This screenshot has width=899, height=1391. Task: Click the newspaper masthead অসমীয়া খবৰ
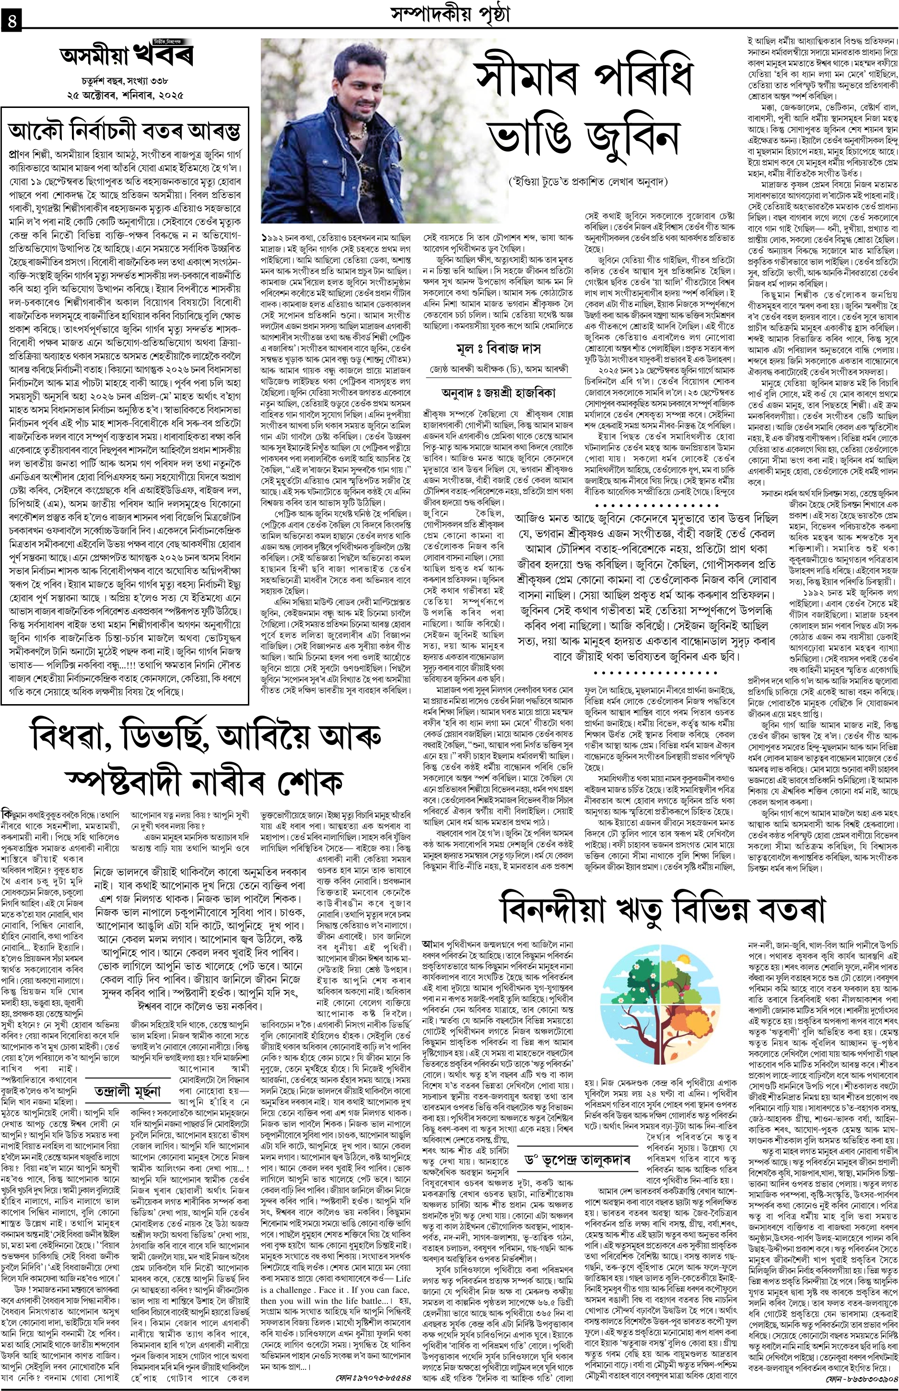click(126, 56)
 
